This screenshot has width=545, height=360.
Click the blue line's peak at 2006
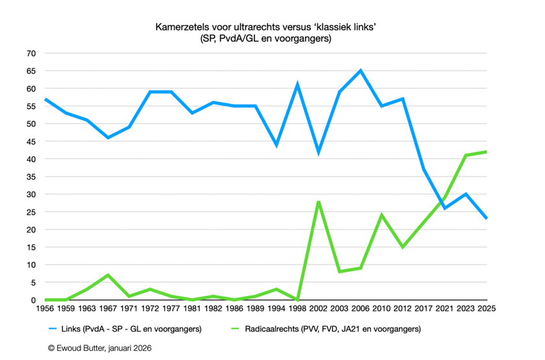click(360, 71)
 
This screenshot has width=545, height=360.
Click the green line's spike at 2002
click(318, 202)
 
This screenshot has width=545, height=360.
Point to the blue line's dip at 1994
click(276, 145)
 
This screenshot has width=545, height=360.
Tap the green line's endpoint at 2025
click(486, 152)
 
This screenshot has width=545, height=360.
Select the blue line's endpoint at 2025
click(486, 219)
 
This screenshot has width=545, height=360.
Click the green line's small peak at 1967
click(108, 275)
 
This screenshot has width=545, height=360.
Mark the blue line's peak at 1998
click(297, 85)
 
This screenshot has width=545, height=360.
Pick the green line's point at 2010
click(381, 215)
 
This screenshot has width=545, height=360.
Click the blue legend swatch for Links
click(55, 329)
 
